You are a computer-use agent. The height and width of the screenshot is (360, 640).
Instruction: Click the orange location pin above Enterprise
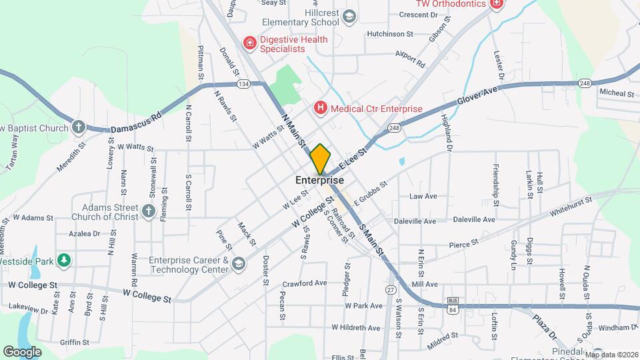tap(320, 159)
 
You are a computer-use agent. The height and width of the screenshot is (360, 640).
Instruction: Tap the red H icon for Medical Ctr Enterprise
tap(320, 108)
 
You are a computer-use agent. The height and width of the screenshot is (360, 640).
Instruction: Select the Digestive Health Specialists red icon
tap(250, 43)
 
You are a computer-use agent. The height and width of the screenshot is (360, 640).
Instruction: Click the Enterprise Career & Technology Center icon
tap(238, 265)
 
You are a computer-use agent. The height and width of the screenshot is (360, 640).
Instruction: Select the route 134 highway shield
tap(243, 84)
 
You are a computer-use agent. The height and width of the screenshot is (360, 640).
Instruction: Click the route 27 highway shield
tap(391, 289)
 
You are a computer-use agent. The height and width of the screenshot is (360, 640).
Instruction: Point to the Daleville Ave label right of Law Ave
tap(473, 219)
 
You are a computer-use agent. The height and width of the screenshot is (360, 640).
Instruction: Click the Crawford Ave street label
tap(304, 283)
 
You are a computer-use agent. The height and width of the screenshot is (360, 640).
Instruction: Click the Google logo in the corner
tap(23, 351)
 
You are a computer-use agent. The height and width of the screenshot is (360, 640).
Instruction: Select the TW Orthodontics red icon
tap(495, 4)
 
